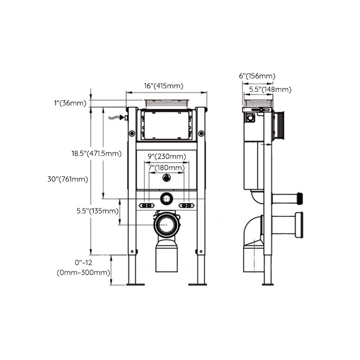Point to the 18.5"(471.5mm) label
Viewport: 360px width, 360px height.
[x=96, y=153]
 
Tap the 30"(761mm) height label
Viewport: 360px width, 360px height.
[x=67, y=179]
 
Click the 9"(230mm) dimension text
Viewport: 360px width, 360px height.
[x=167, y=157]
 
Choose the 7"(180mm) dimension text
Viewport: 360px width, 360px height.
[x=167, y=168]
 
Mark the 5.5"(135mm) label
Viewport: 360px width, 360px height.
[x=95, y=211]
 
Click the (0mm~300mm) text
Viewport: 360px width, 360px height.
[x=83, y=273]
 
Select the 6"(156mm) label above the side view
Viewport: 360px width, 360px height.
[x=257, y=76]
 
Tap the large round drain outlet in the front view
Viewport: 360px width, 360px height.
[x=166, y=223]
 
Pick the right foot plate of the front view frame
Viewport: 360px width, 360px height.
[x=197, y=284]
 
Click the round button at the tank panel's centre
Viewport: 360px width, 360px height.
[x=166, y=178]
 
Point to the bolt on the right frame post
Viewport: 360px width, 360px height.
[x=201, y=133]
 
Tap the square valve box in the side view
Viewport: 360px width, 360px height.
[x=249, y=118]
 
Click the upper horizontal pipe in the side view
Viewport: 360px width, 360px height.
[x=287, y=198]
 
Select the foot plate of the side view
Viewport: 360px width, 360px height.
[x=268, y=283]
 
